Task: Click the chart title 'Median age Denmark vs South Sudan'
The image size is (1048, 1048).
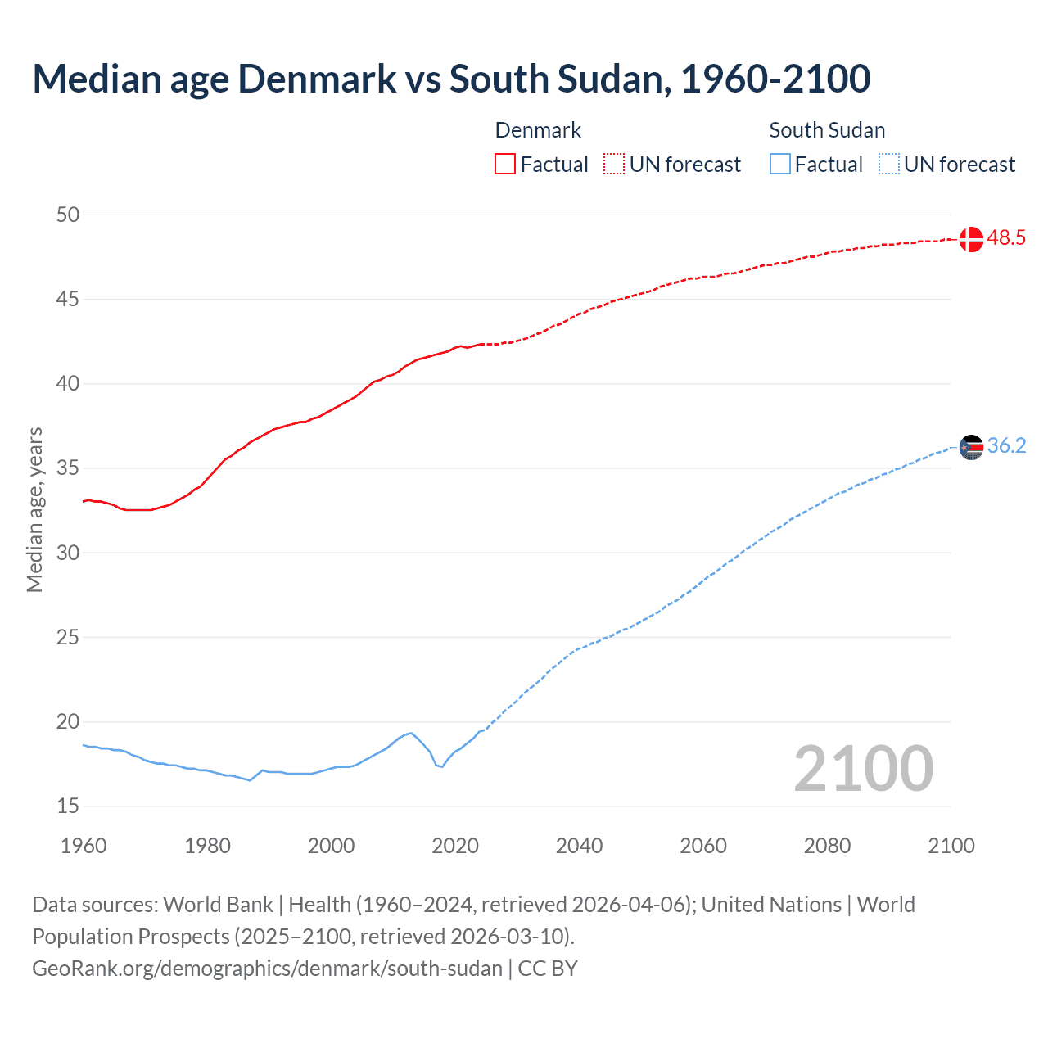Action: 451,79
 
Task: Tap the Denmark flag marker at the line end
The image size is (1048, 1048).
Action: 971,239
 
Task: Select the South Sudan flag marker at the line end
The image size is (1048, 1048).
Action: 971,447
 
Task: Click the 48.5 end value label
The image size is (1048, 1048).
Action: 1006,238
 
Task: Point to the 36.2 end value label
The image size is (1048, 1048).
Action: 1006,446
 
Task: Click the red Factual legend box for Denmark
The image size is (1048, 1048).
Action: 505,164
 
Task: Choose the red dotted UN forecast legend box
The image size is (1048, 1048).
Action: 614,164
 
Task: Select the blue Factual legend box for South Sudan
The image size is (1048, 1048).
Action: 779,164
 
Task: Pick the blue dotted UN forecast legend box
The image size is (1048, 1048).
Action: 888,164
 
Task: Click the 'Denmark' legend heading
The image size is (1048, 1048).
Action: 538,130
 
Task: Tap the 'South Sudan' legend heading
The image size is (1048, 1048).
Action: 827,130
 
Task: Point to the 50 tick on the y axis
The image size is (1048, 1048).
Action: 68,215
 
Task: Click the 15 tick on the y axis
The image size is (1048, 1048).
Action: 68,806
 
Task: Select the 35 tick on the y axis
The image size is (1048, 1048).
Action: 68,468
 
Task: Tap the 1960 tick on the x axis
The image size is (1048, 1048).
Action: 84,846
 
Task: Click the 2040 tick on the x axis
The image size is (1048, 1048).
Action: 579,846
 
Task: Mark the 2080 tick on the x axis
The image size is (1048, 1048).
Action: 827,846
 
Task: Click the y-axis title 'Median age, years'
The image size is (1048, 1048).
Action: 34,509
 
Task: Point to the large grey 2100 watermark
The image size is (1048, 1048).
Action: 864,768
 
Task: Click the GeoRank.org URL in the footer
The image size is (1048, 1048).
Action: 267,969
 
